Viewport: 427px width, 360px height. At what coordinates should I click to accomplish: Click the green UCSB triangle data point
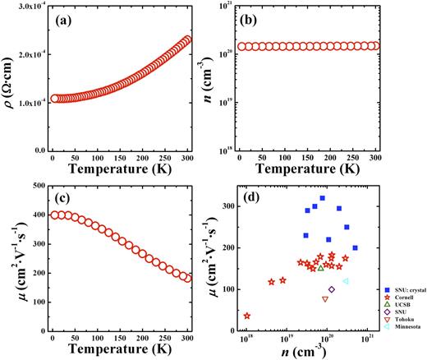tap(320, 268)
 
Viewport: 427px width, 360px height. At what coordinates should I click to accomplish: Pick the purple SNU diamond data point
tap(332, 289)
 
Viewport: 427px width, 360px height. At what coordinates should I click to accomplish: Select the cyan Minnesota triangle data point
tap(346, 281)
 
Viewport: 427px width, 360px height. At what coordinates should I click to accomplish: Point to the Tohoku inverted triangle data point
tap(325, 299)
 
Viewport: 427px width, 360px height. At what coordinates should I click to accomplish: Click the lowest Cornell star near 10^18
tap(247, 316)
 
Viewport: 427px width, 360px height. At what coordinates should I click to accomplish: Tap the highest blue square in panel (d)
tap(323, 198)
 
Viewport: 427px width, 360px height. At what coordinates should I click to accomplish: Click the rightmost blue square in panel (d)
tap(355, 247)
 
